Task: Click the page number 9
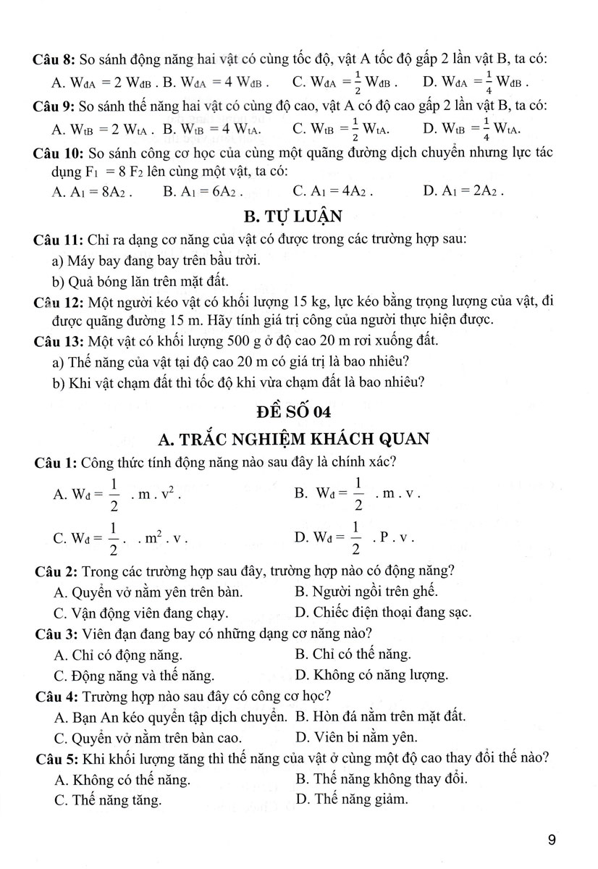point(552,840)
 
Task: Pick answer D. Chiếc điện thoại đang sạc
point(383,613)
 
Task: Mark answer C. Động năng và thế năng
point(134,676)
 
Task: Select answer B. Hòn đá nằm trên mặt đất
point(380,716)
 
